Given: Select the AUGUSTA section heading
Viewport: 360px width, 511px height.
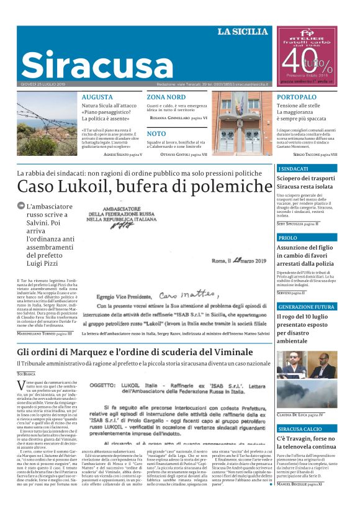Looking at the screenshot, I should [x=97, y=97].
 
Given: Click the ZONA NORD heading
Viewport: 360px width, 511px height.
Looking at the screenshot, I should [x=166, y=97].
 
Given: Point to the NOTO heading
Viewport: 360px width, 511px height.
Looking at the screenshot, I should [x=156, y=133].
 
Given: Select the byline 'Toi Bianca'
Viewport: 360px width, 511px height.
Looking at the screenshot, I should [x=26, y=374].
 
